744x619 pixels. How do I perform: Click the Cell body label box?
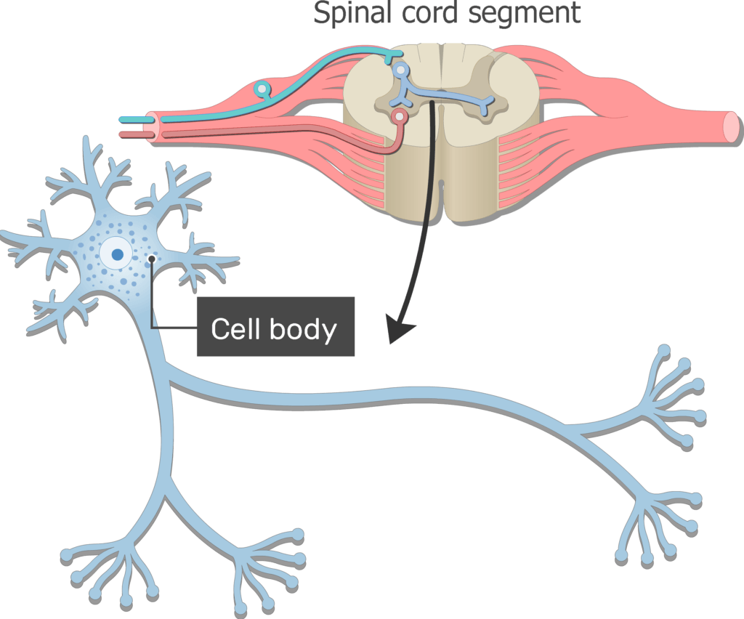[275, 327]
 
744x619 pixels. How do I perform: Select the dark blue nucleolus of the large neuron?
[116, 255]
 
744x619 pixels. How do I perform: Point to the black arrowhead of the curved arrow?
[400, 331]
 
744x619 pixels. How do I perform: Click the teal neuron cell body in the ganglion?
[262, 89]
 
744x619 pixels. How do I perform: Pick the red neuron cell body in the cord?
[398, 116]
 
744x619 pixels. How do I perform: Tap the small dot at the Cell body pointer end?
[151, 259]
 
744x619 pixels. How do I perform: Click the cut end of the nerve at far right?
[730, 126]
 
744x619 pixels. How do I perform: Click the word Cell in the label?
[232, 329]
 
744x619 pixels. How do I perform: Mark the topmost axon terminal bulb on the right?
[664, 351]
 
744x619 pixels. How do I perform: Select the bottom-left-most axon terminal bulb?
[66, 557]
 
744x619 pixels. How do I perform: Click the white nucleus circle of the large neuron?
[116, 255]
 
